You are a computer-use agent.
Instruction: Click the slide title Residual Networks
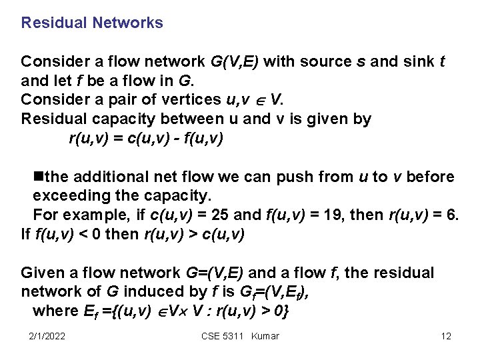pyautogui.click(x=92, y=23)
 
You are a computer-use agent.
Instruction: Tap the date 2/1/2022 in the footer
pyautogui.click(x=47, y=336)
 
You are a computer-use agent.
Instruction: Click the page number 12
pyautogui.click(x=446, y=336)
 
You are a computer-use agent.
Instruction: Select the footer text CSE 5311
pyautogui.click(x=221, y=336)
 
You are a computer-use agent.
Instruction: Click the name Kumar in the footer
pyautogui.click(x=265, y=336)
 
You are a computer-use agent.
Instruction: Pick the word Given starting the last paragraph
pyautogui.click(x=40, y=273)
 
